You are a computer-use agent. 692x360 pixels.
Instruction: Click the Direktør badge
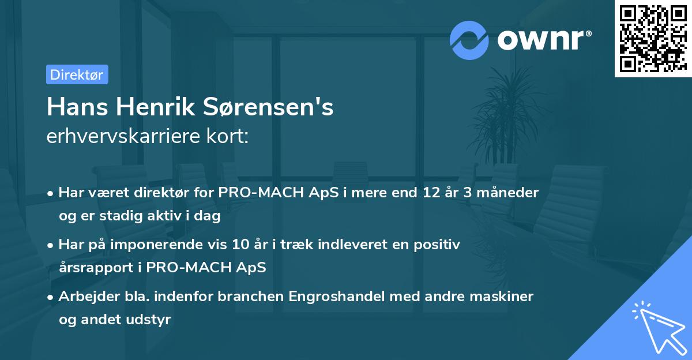[x=77, y=74]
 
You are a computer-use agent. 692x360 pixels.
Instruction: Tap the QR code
[x=653, y=38]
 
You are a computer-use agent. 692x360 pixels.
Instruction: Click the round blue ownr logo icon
[x=469, y=40]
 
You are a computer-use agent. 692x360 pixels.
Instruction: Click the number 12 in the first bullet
[x=430, y=193]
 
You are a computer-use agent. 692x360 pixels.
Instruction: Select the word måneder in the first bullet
[x=510, y=193]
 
